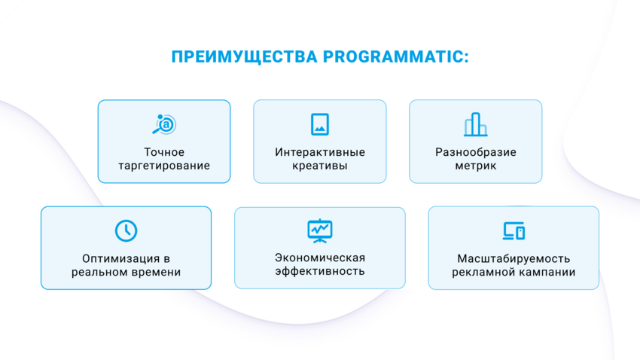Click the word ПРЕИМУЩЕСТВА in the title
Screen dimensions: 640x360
point(244,57)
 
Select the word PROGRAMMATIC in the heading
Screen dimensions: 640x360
point(396,56)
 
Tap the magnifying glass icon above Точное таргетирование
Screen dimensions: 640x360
point(164,124)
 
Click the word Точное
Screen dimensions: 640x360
point(164,152)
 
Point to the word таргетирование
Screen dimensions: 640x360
point(164,166)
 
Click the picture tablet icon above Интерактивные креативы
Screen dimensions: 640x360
point(319,124)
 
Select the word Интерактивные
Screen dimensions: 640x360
point(320,152)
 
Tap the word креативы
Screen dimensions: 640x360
point(320,166)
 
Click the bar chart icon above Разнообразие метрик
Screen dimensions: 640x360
point(476,124)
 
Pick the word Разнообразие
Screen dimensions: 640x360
point(476,152)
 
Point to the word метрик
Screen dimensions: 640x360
point(476,166)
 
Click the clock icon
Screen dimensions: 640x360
point(126,230)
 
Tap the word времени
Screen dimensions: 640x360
point(159,272)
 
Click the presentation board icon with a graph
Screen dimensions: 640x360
point(319,230)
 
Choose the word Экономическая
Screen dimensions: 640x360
point(320,258)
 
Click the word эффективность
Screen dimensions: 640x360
point(320,271)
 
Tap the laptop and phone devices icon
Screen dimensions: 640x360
point(514,230)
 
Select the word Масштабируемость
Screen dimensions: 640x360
point(514,259)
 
